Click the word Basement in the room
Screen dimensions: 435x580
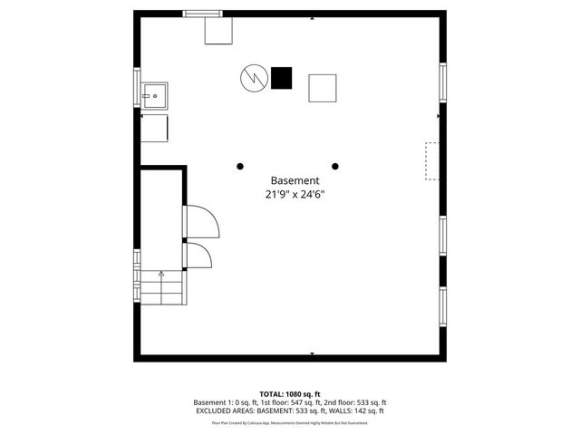point(294,180)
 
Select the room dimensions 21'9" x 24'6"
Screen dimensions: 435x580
point(294,194)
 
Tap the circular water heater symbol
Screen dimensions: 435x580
point(252,78)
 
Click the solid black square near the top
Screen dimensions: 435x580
point(282,78)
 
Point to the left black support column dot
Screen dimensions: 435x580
point(240,166)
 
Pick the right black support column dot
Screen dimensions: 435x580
point(335,166)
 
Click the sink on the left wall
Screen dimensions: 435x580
point(154,92)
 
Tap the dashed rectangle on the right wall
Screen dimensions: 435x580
point(432,160)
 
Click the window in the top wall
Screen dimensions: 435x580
point(202,14)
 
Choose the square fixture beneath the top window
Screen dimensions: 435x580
point(217,31)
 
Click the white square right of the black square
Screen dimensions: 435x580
point(323,88)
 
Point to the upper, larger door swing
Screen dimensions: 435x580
point(198,221)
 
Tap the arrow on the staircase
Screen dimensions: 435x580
point(161,274)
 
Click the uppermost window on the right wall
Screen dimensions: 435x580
point(443,83)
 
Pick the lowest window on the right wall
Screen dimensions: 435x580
point(443,308)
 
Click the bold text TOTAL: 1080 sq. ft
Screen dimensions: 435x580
point(289,393)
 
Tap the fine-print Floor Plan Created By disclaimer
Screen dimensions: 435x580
point(290,422)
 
